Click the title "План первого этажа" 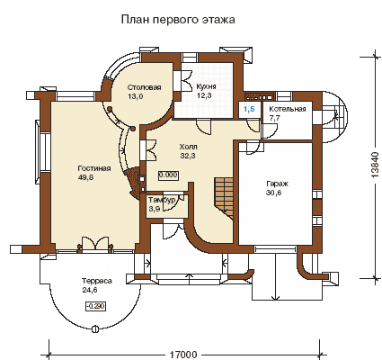click(x=178, y=20)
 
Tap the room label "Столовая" click(x=144, y=87)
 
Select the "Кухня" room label click(x=206, y=86)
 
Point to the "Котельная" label click(x=288, y=109)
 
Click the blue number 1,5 click(x=249, y=109)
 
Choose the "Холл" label click(x=188, y=147)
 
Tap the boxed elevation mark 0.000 click(x=168, y=175)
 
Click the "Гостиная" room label click(x=94, y=168)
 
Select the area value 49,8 click(x=85, y=177)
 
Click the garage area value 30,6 click(x=273, y=193)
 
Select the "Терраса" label click(x=97, y=281)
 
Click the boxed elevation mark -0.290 click(x=96, y=307)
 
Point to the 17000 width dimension click(x=184, y=355)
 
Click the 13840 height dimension click(x=375, y=165)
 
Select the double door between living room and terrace click(x=95, y=243)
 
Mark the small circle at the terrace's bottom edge click(x=95, y=328)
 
